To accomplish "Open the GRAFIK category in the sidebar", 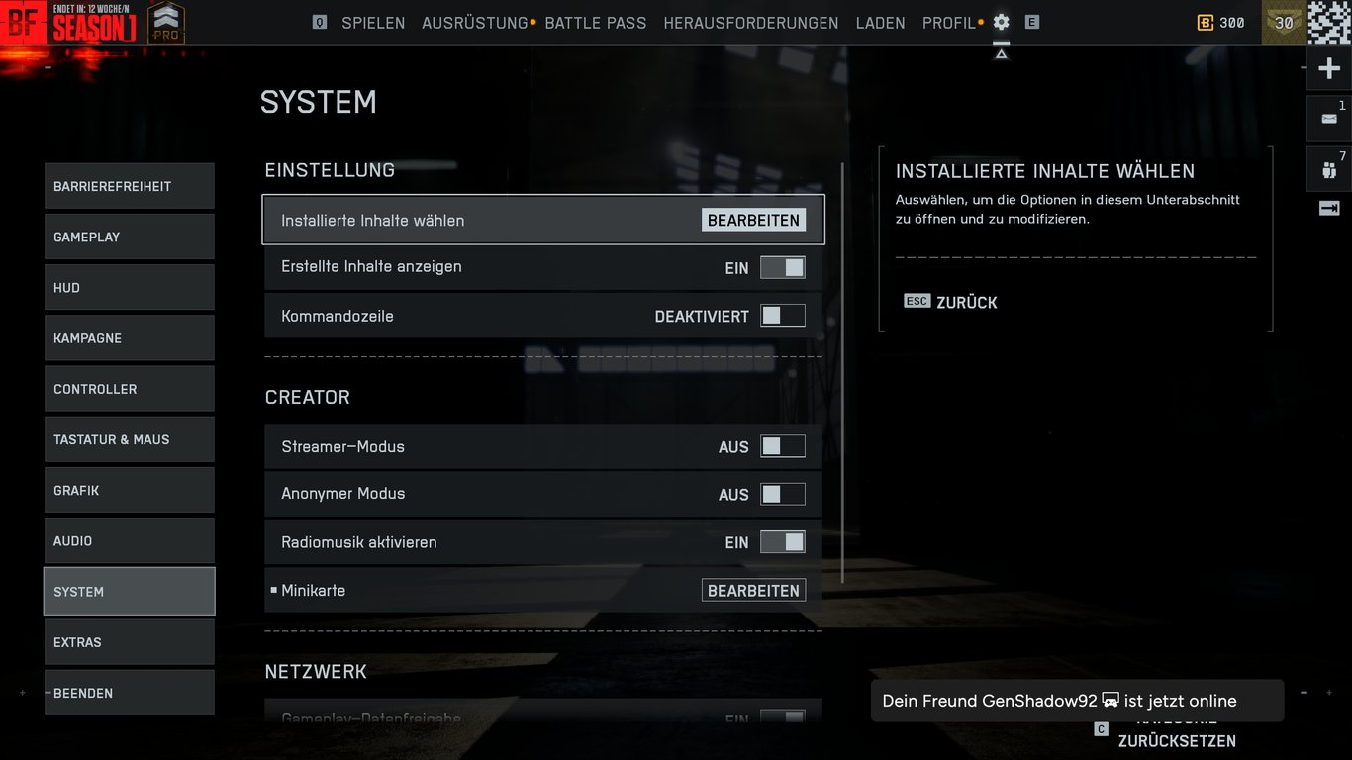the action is tap(129, 491).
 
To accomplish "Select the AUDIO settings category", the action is tap(129, 541).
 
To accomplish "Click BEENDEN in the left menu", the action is tap(129, 693).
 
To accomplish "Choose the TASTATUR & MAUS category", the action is tap(129, 439).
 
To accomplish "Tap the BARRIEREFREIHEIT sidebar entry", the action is tap(129, 186).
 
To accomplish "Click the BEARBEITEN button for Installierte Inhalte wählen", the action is tap(753, 220).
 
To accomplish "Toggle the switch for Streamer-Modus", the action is tap(782, 446).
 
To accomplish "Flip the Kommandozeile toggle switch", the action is tap(782, 316).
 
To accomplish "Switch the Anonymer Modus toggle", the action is tap(782, 494).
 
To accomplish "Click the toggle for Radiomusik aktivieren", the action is tap(782, 542).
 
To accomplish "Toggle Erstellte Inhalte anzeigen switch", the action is tap(782, 267).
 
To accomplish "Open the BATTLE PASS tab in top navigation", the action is tap(595, 23).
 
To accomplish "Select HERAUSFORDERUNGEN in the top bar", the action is tap(750, 23).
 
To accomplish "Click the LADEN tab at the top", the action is tap(880, 23).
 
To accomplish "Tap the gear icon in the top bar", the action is tap(1001, 22).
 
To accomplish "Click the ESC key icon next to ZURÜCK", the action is tap(917, 302).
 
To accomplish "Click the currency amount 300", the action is tap(1231, 23).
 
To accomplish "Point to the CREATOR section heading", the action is tap(307, 397).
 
